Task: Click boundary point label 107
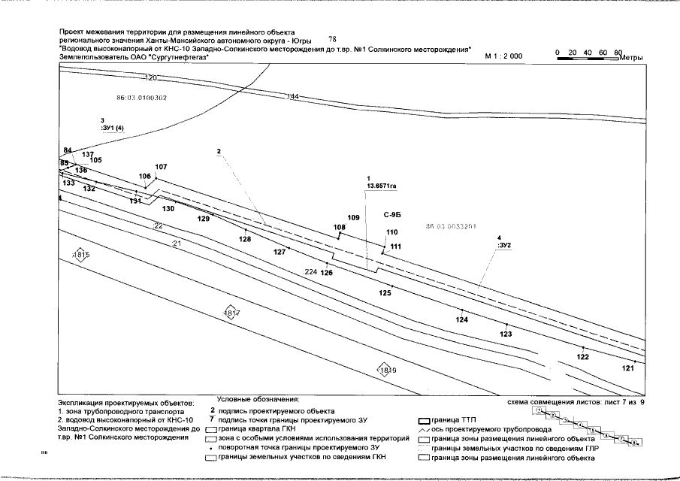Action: click(x=162, y=167)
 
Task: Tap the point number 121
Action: click(x=629, y=368)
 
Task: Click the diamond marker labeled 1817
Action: click(x=232, y=313)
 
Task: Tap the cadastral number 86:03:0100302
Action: click(x=142, y=98)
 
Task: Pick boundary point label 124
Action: click(x=462, y=320)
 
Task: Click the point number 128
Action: click(x=245, y=238)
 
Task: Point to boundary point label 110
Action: click(x=391, y=232)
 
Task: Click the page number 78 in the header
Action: click(x=334, y=38)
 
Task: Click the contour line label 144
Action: click(x=293, y=97)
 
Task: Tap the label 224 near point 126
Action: click(x=312, y=272)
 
